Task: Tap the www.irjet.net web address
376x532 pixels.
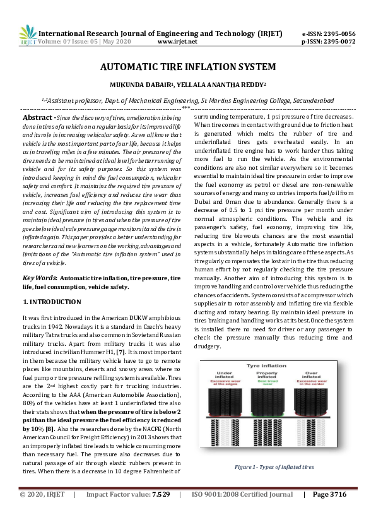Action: click(x=177, y=41)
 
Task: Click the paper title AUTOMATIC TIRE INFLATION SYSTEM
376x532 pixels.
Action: click(x=188, y=66)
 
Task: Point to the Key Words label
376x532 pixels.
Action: click(x=40, y=278)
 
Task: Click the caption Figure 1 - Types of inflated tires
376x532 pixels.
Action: click(x=274, y=467)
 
